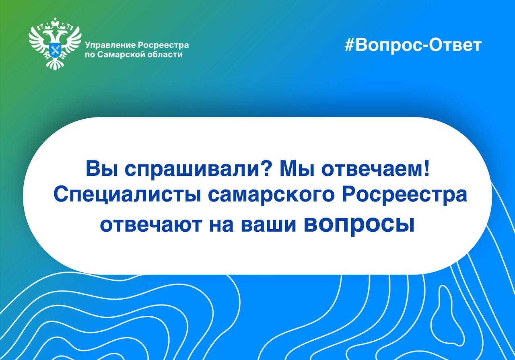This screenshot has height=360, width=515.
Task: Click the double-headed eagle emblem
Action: click(x=55, y=44)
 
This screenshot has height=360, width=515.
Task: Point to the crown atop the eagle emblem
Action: click(x=55, y=22)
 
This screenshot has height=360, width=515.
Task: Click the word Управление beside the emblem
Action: click(x=110, y=45)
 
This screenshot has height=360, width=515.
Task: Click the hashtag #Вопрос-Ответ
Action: click(x=413, y=45)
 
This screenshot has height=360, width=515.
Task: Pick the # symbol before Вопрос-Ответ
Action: click(x=349, y=45)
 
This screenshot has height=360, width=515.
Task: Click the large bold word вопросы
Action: click(x=359, y=224)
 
